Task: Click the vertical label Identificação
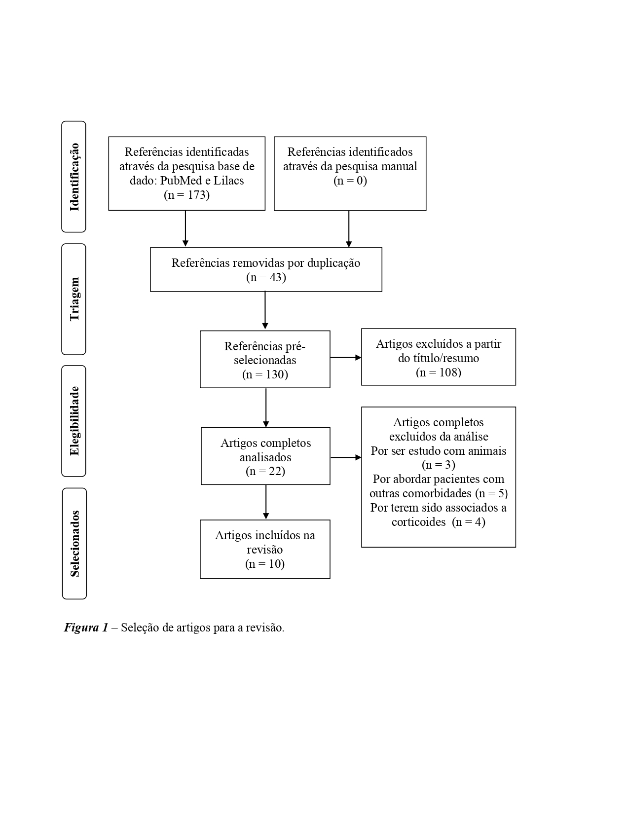(74, 177)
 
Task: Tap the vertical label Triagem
(74, 299)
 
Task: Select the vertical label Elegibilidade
(74, 421)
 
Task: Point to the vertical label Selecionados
(74, 543)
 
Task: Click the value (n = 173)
(186, 195)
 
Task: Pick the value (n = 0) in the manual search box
(350, 181)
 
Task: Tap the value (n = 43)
(266, 277)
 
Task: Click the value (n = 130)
(265, 374)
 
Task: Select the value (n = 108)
(438, 372)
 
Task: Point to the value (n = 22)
(265, 471)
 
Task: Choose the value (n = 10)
(265, 564)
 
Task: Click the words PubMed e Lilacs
(202, 181)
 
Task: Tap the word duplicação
(333, 263)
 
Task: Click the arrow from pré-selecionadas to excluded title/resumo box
(345, 358)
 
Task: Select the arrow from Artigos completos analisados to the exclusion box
(345, 458)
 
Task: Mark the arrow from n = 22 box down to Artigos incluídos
(266, 502)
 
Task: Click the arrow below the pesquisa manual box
(349, 229)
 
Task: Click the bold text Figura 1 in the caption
(86, 628)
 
